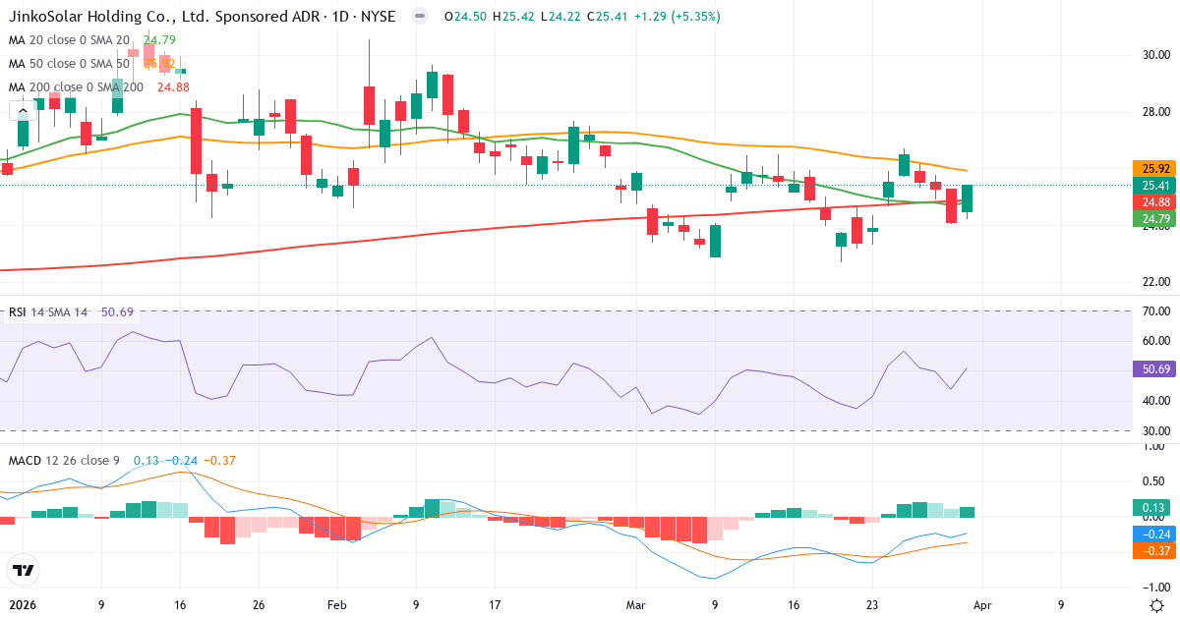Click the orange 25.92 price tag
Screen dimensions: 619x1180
click(x=1151, y=168)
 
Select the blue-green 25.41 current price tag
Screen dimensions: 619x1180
click(x=1151, y=185)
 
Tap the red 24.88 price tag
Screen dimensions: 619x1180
click(x=1151, y=201)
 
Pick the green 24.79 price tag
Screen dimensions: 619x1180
click(x=1151, y=218)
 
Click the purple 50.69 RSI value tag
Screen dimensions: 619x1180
click(x=1151, y=369)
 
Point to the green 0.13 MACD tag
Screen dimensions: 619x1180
click(x=1151, y=508)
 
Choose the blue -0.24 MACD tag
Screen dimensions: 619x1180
click(x=1151, y=534)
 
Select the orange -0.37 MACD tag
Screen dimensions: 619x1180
click(x=1151, y=551)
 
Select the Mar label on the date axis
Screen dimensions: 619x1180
click(x=636, y=605)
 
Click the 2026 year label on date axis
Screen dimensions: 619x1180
click(x=21, y=605)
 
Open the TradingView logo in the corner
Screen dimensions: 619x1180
click(x=23, y=570)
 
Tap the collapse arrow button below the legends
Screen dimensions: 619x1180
click(x=23, y=111)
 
